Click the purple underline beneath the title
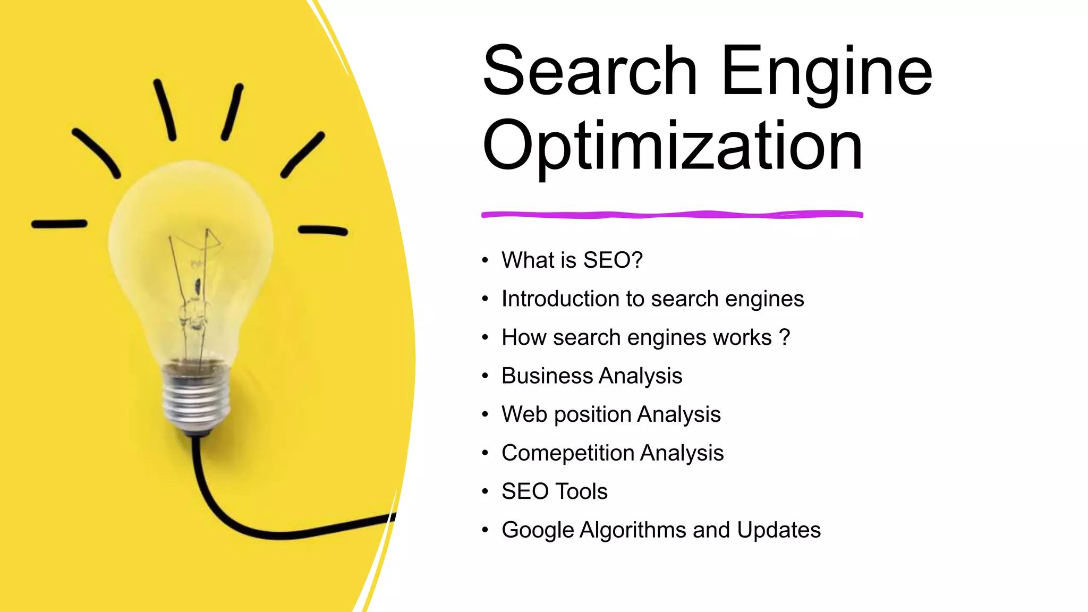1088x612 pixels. coord(672,215)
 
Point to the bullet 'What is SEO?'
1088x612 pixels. coord(572,260)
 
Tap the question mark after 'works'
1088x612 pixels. coord(785,337)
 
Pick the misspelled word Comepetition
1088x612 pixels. coord(567,453)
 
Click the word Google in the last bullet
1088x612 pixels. coord(538,530)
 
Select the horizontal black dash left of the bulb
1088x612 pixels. coord(59,224)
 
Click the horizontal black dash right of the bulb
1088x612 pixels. coord(322,231)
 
